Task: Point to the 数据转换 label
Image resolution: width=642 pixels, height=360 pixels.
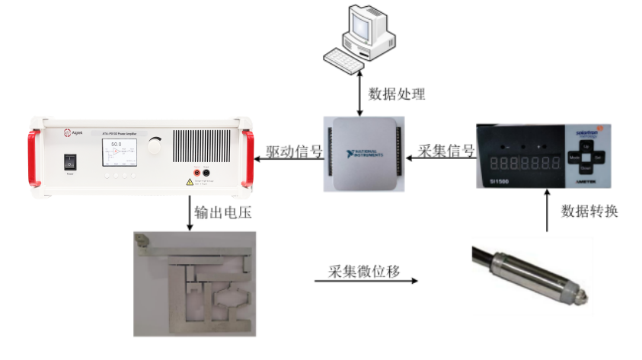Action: click(x=589, y=211)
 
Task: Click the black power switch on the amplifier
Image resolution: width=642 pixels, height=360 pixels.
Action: click(x=70, y=162)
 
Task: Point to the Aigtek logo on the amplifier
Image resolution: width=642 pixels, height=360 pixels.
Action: click(x=73, y=132)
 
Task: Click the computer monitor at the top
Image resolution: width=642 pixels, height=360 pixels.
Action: click(x=366, y=24)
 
